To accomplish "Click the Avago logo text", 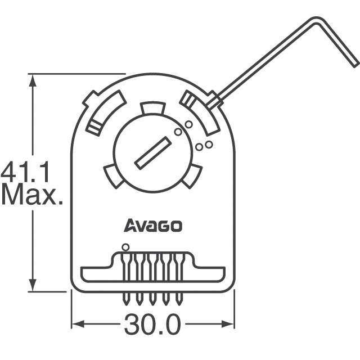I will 152,226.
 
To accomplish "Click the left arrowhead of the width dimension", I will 76,325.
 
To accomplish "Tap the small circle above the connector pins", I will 125,246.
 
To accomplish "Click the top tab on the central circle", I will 153,108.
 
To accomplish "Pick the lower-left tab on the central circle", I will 114,175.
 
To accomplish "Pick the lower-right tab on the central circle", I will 192,175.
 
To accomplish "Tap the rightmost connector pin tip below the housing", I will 180,300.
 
